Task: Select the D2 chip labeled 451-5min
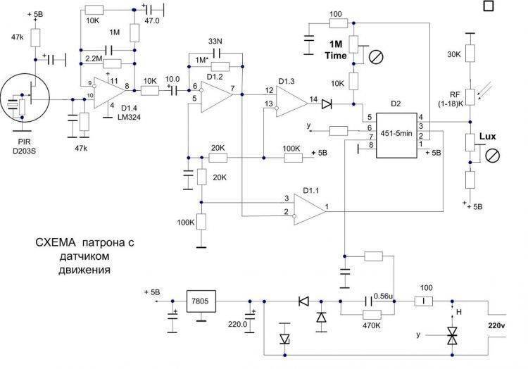pos(396,135)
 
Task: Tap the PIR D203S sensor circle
pos(25,99)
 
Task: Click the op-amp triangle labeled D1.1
pos(310,209)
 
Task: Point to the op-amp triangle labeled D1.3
pos(292,101)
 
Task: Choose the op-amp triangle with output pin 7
pos(218,96)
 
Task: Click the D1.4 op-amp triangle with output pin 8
pos(110,93)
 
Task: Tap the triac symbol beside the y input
pos(451,336)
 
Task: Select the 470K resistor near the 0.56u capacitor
pos(372,315)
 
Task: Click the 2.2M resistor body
pos(112,63)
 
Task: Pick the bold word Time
pos(336,56)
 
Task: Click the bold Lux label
pos(488,137)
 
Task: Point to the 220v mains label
pos(498,325)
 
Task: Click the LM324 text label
pos(131,117)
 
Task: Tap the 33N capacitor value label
pos(215,42)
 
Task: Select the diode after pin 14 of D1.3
pos(326,104)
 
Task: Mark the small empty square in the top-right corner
pos(489,6)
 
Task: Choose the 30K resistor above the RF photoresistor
pos(470,54)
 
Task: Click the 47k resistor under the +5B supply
pos(36,38)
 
